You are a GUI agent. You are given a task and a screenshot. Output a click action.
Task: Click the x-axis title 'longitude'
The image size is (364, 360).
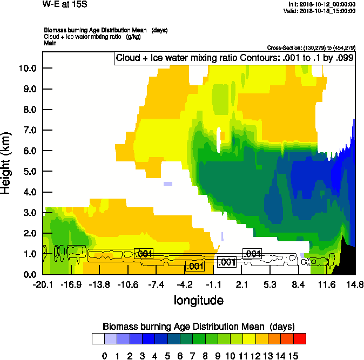click(x=198, y=300)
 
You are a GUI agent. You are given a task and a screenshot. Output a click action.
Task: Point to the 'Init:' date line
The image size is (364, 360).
click(x=322, y=4)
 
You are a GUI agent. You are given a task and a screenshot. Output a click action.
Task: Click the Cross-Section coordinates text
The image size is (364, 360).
click(x=311, y=47)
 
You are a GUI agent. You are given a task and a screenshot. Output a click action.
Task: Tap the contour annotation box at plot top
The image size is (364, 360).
click(x=234, y=58)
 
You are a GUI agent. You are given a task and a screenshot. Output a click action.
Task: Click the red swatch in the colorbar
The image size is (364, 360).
click(x=300, y=338)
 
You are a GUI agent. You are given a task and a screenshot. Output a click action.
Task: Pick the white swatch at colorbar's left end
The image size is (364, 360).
click(x=98, y=338)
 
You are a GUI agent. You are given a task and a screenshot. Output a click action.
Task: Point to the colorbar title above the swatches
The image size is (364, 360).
click(x=198, y=327)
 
